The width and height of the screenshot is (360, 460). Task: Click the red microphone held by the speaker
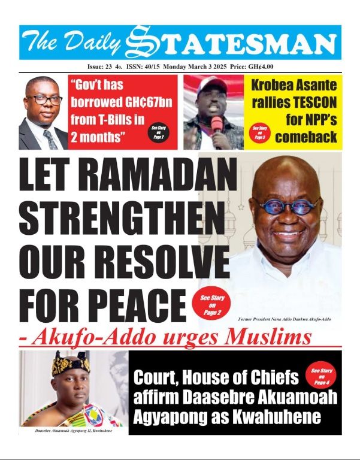click(x=216, y=125)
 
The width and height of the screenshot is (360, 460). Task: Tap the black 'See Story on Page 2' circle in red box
click(x=158, y=132)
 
